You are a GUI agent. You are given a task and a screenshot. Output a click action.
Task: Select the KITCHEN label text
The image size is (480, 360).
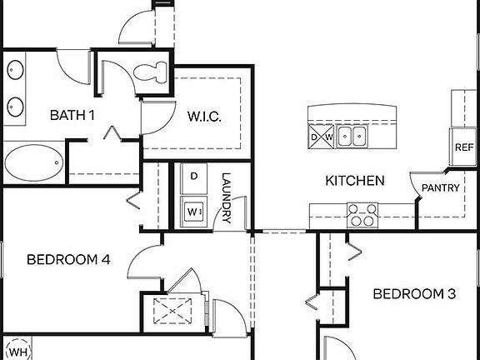pyautogui.click(x=354, y=181)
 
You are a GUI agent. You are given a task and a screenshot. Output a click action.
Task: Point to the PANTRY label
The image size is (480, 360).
pyautogui.click(x=439, y=188)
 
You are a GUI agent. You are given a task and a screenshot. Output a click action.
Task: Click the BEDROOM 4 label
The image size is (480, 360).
pyautogui.click(x=68, y=259)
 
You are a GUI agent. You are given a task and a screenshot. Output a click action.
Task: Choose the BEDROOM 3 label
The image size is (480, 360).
pyautogui.click(x=414, y=293)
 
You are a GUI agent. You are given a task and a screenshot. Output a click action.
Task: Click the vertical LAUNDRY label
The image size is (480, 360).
pyautogui.click(x=226, y=198)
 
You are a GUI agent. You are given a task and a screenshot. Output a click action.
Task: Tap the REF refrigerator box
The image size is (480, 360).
pyautogui.click(x=463, y=147)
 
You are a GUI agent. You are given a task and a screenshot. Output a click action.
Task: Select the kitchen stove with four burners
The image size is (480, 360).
pyautogui.click(x=362, y=214)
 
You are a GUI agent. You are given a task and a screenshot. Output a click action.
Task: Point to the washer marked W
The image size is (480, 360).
pyautogui.click(x=194, y=211)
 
